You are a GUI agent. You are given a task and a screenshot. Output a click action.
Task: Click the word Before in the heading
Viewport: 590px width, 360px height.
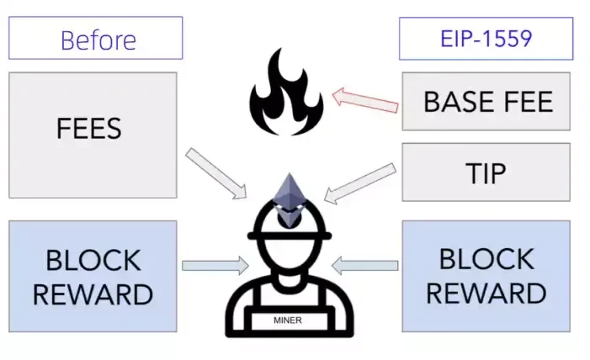[x=98, y=40]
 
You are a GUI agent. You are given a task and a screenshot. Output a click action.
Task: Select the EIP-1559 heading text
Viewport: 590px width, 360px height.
[x=486, y=39]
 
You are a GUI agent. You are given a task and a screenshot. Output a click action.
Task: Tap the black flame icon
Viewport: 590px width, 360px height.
[x=286, y=93]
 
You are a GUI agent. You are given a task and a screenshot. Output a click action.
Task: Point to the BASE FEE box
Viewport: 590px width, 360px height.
[x=486, y=102]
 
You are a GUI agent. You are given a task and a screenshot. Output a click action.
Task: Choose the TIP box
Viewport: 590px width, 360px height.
[x=486, y=172]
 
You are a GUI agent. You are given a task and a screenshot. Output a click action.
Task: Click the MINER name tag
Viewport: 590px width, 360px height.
[x=288, y=320]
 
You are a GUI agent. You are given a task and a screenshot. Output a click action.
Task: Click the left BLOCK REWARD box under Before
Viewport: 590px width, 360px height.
[x=92, y=276]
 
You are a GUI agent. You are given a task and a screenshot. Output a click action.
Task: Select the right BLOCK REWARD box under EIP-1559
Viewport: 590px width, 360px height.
[x=486, y=276]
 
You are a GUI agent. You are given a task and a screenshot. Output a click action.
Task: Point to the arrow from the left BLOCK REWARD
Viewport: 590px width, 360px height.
[x=215, y=266]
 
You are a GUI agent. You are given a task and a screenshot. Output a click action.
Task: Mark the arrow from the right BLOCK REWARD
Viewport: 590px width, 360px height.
[x=364, y=266]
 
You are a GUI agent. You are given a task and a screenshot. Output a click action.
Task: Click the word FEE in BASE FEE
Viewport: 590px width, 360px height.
[x=526, y=103]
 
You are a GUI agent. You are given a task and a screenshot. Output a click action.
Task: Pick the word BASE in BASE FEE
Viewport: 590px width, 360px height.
[x=459, y=103]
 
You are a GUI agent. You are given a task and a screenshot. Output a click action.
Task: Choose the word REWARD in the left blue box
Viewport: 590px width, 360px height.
[x=92, y=294]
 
